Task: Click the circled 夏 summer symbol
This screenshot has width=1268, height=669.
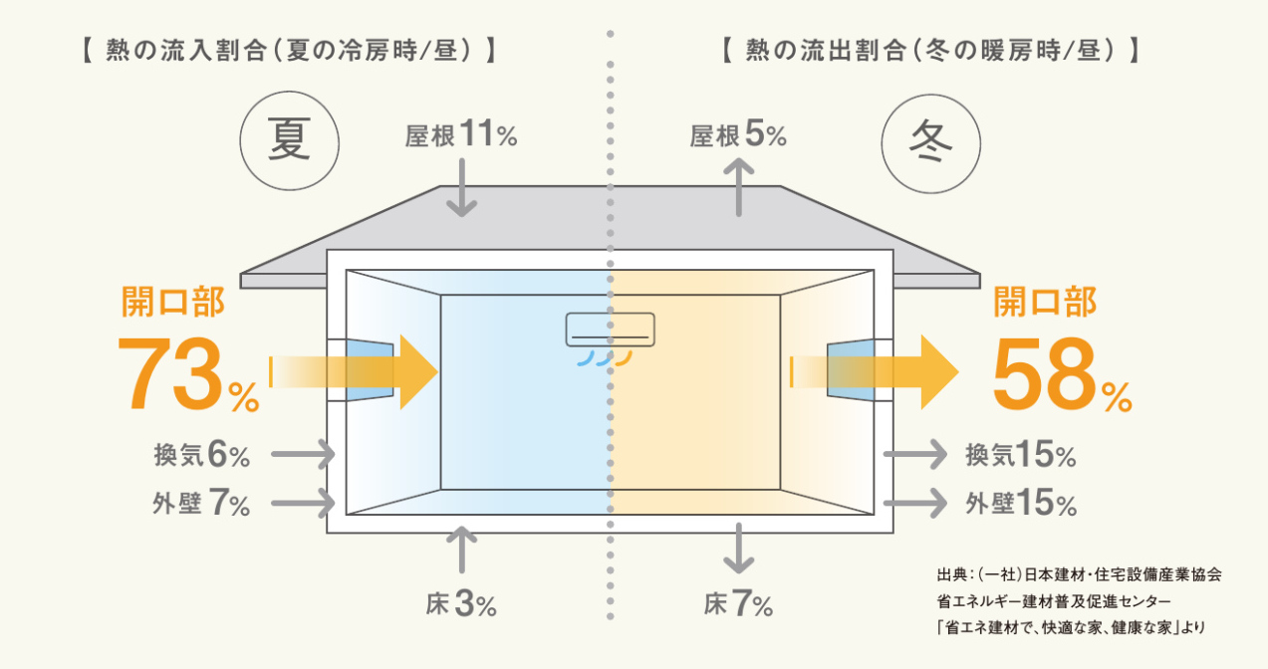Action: pos(289,141)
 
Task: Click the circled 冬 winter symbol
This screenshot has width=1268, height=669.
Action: pos(930,142)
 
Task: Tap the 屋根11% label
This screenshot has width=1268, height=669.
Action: pos(461,134)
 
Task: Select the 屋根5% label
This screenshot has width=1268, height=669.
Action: pos(738,134)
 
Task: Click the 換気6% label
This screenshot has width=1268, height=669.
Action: pos(201,455)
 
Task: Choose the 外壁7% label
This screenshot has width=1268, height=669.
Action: pos(201,503)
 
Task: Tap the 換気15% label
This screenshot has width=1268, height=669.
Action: pos(1021,455)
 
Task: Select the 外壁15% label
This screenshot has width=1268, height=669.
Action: pos(1021,503)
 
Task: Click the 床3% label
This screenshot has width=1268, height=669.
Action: pos(461,604)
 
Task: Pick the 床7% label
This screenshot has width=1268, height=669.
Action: pos(738,604)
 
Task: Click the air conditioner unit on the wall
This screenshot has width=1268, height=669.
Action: pos(611,330)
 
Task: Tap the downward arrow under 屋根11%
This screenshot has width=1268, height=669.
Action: pos(462,187)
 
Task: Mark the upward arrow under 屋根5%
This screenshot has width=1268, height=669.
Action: pos(739,187)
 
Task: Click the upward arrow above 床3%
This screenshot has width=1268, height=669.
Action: pos(462,550)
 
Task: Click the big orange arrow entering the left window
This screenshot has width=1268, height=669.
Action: pos(355,372)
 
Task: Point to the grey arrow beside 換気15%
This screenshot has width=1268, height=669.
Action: pos(915,454)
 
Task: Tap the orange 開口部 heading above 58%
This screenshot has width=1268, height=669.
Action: pos(1045,302)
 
